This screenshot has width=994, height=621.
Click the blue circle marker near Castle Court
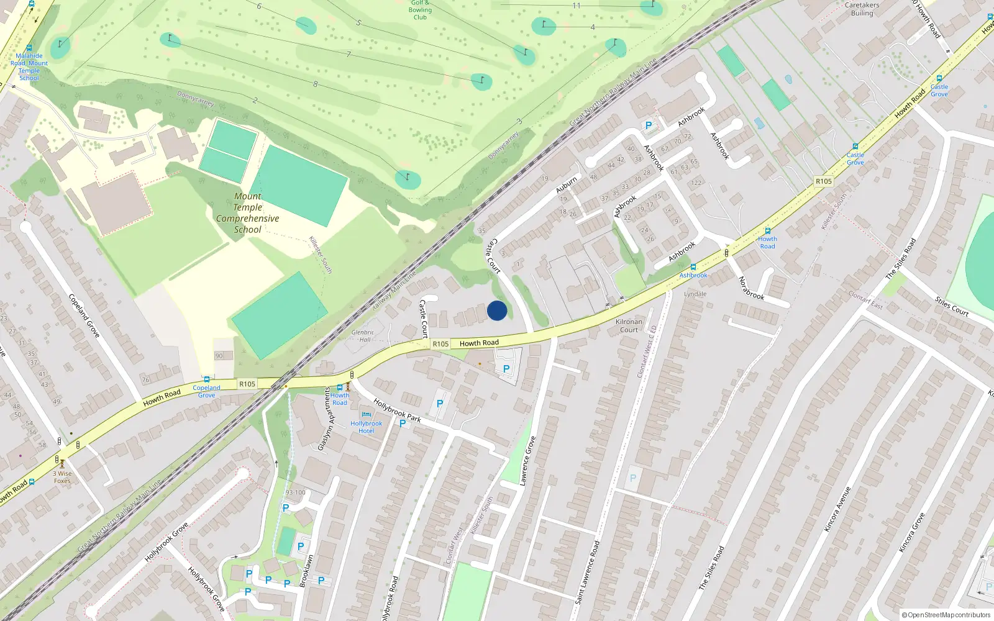pyautogui.click(x=497, y=310)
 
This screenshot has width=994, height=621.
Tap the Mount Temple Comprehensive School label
pyautogui.click(x=248, y=213)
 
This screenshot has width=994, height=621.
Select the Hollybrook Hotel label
pyautogui.click(x=366, y=427)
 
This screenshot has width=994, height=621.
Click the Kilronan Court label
pyautogui.click(x=629, y=325)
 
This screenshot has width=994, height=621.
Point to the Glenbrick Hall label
pyautogui.click(x=362, y=336)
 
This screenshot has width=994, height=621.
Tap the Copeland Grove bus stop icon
pyautogui.click(x=207, y=379)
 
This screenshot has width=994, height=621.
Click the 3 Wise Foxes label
pyautogui.click(x=62, y=477)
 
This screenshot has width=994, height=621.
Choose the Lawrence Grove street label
pyautogui.click(x=527, y=460)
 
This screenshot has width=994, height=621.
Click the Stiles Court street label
pyautogui.click(x=951, y=307)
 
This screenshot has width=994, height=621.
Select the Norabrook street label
pyautogui.click(x=750, y=288)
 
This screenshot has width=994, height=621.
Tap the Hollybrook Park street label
pyautogui.click(x=397, y=410)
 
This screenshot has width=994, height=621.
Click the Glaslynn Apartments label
pyautogui.click(x=326, y=420)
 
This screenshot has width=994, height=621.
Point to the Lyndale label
pyautogui.click(x=695, y=294)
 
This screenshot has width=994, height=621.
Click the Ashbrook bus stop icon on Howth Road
pyautogui.click(x=693, y=267)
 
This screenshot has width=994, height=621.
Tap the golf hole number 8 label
pyautogui.click(x=316, y=84)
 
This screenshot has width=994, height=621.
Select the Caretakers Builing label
pyautogui.click(x=862, y=9)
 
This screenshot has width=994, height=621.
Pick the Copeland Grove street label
pyautogui.click(x=84, y=315)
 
